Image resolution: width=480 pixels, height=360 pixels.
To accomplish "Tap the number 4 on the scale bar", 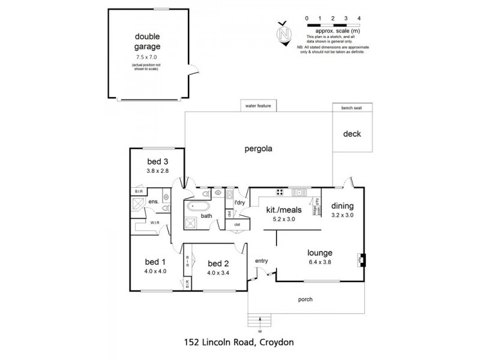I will [358, 19].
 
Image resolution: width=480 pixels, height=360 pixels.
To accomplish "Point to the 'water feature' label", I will [258, 106].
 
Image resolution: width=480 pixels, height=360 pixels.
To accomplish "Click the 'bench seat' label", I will [352, 109].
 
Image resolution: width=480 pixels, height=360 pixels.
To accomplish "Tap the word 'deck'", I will [352, 134].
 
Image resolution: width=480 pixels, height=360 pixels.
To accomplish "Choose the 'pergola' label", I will [258, 149].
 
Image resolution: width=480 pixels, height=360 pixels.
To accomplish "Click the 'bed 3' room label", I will [158, 161].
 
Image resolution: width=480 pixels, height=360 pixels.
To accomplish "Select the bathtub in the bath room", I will [198, 208].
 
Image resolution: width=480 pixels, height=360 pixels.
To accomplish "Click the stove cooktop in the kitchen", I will [280, 193].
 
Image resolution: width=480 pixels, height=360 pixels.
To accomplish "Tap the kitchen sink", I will [298, 193].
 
